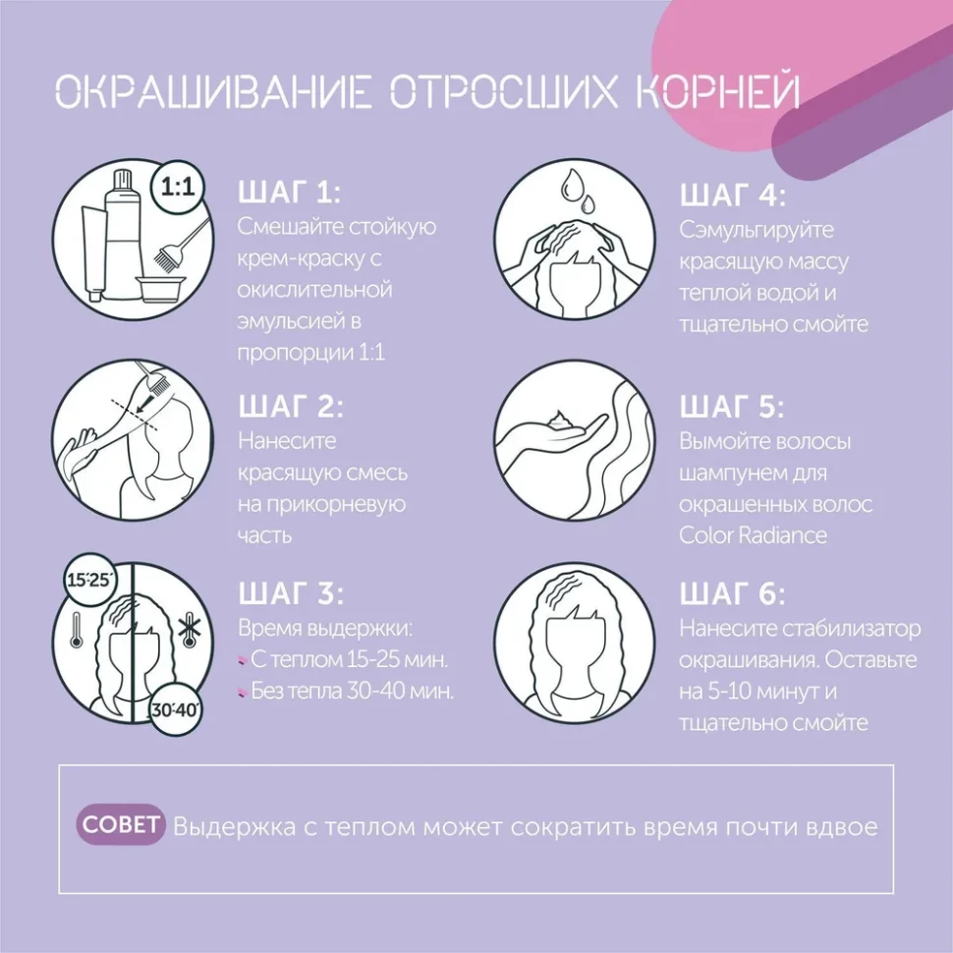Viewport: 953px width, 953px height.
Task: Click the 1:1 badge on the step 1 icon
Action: click(178, 189)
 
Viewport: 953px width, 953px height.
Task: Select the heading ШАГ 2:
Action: click(291, 407)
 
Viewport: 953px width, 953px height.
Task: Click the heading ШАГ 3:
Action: click(291, 593)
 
